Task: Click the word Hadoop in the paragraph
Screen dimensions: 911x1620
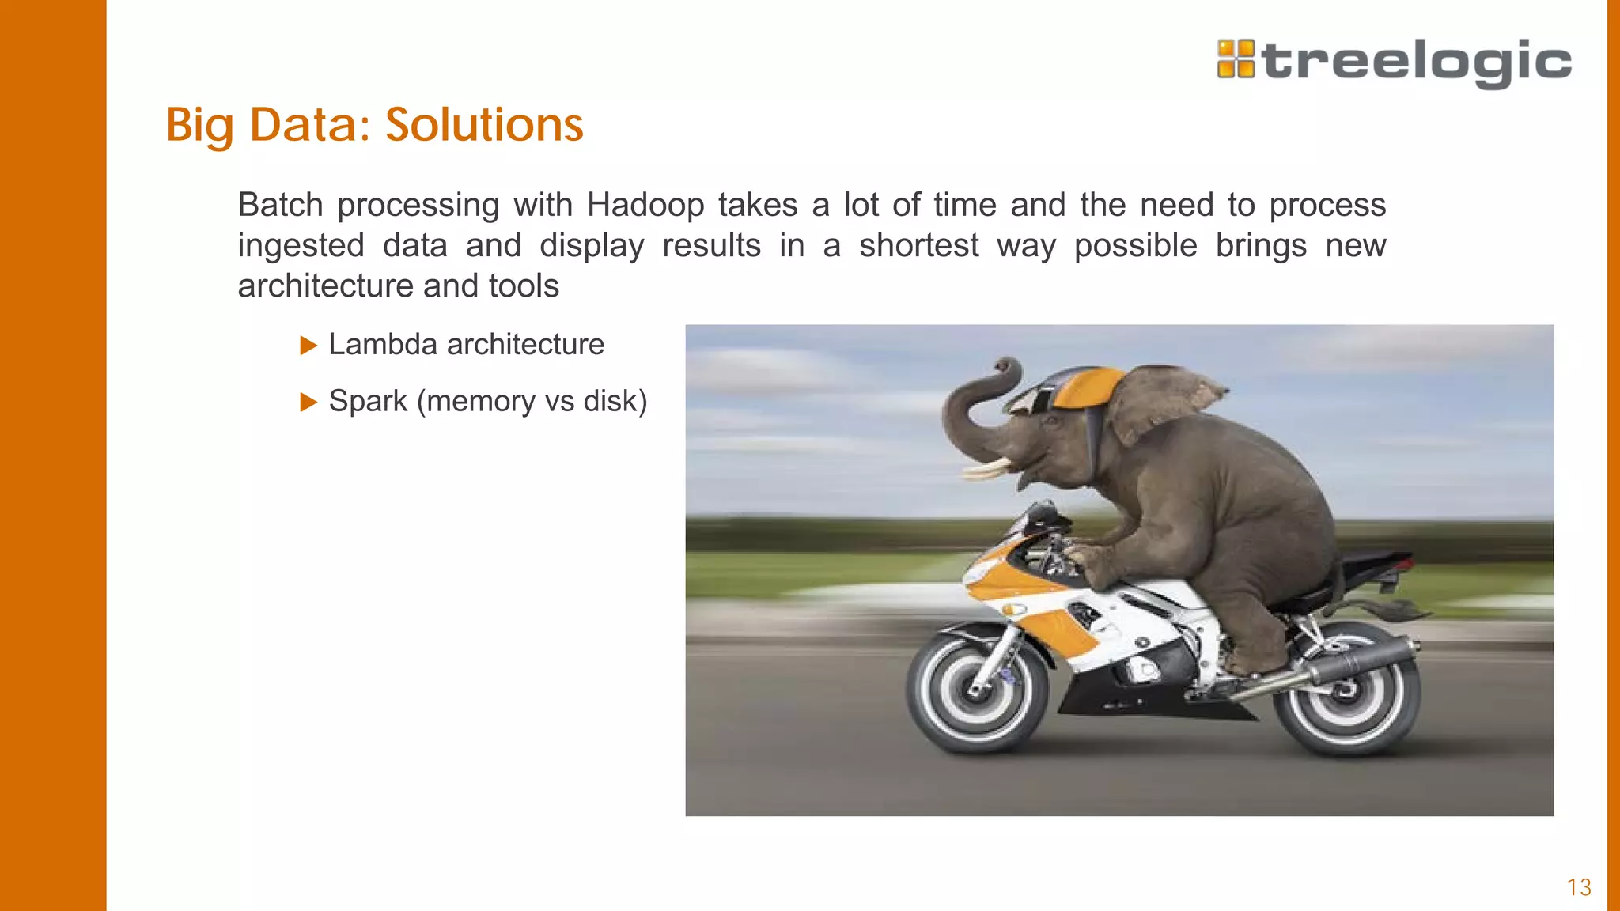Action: click(x=645, y=206)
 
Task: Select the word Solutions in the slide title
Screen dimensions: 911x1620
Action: click(x=484, y=125)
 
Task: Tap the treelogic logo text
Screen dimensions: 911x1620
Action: click(x=1417, y=62)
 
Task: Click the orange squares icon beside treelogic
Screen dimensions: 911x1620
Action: click(x=1236, y=59)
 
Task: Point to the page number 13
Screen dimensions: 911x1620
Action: click(x=1579, y=887)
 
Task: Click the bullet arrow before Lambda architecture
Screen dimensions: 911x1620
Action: click(x=308, y=346)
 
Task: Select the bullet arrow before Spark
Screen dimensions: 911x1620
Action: click(x=308, y=403)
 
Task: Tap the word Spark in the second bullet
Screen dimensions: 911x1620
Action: click(x=368, y=402)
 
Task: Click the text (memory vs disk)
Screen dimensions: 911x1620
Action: click(x=532, y=402)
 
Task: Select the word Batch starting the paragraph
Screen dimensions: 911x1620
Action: click(x=281, y=206)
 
